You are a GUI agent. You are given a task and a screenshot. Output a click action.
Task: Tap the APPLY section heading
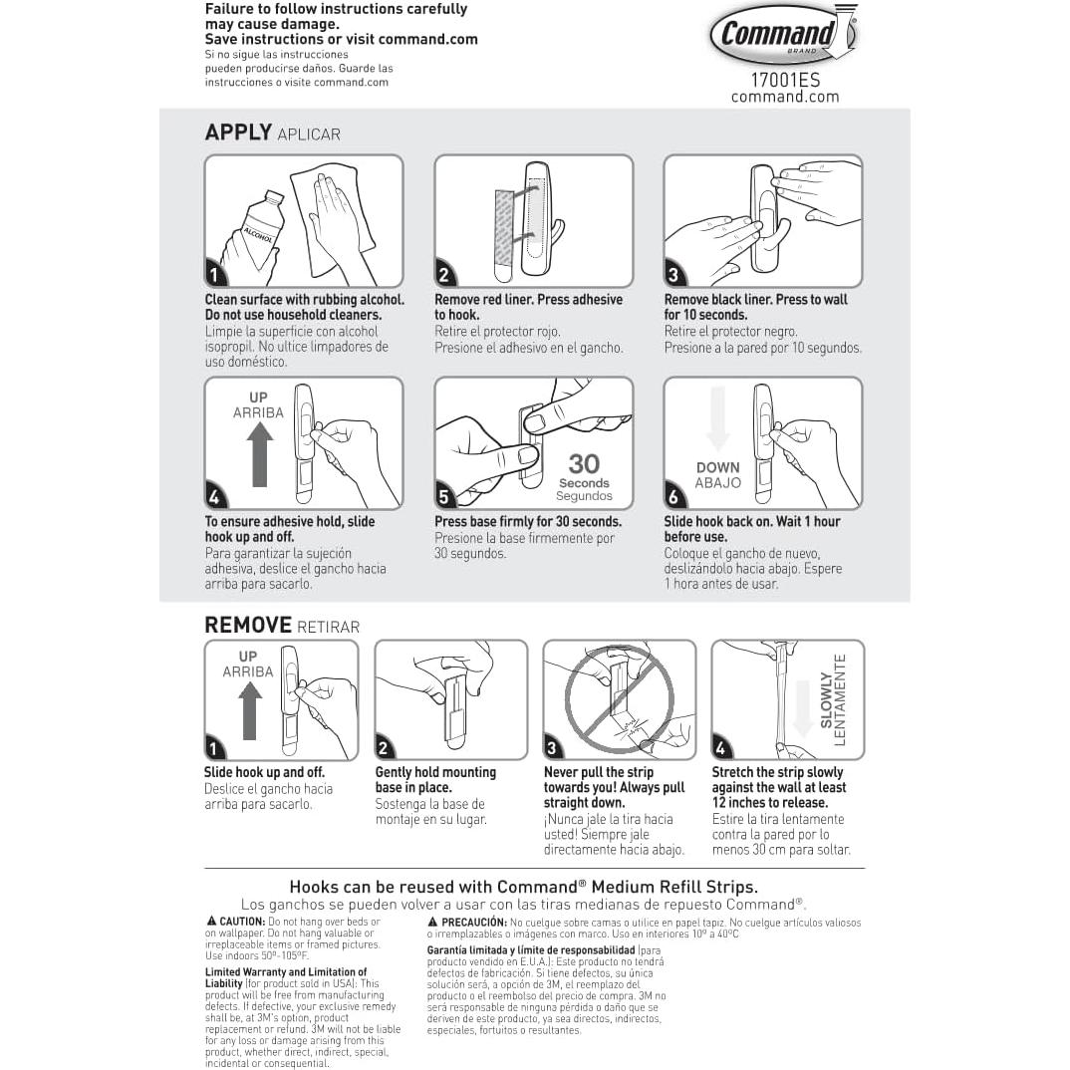[x=238, y=133]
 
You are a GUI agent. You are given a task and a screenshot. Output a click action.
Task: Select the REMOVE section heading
[x=248, y=625]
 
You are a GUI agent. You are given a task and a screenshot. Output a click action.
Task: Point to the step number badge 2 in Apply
[x=445, y=275]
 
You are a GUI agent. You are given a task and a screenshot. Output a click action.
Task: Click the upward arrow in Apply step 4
[x=260, y=453]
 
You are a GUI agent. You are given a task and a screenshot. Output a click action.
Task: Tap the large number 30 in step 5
[x=584, y=463]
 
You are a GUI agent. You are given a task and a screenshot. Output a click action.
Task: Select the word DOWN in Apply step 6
[x=717, y=467]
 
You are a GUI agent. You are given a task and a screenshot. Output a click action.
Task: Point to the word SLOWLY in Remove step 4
[x=826, y=699]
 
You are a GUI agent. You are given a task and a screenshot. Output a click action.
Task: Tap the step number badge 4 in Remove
[x=722, y=748]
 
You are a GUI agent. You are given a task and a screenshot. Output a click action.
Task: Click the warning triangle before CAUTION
[x=211, y=922]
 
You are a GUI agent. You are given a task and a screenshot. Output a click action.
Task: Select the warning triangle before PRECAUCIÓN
[x=433, y=922]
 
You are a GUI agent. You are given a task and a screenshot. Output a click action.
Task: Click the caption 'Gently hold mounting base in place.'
[x=435, y=779]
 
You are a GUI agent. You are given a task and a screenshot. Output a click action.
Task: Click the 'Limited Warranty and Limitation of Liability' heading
[x=284, y=977]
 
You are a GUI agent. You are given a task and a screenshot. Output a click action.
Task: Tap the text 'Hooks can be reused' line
[x=523, y=886]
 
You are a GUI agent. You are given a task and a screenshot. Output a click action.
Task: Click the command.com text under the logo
[x=785, y=97]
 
